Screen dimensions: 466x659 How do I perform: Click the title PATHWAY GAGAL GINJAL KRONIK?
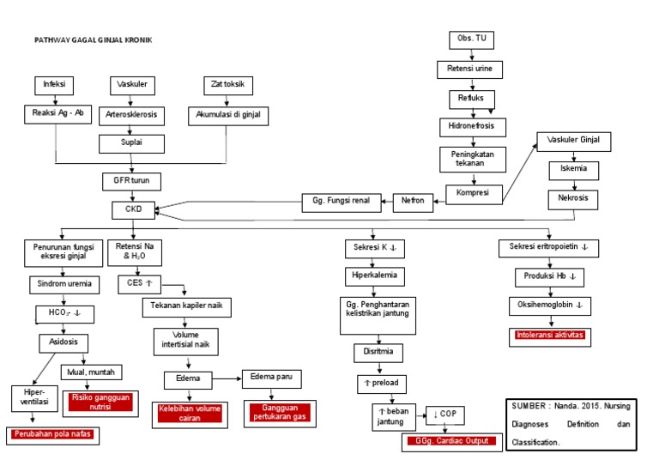pyautogui.click(x=93, y=40)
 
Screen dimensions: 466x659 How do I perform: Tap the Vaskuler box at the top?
pyautogui.click(x=132, y=85)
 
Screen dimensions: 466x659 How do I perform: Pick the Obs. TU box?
pyautogui.click(x=471, y=40)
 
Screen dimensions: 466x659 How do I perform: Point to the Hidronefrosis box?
pyautogui.click(x=471, y=126)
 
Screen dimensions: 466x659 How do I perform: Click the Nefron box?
pyautogui.click(x=413, y=203)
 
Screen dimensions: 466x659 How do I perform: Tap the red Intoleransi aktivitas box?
pyautogui.click(x=550, y=335)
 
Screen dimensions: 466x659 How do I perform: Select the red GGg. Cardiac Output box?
pyautogui.click(x=450, y=441)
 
